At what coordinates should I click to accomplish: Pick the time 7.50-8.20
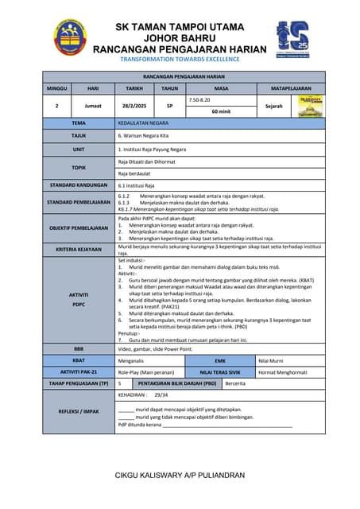(x=201, y=100)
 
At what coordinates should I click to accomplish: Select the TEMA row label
(x=79, y=123)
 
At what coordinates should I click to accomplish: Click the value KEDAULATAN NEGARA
(x=142, y=123)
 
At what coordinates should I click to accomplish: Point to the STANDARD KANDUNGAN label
(x=79, y=185)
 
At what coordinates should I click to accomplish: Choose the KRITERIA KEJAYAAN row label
(x=79, y=249)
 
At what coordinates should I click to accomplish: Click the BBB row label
(x=79, y=348)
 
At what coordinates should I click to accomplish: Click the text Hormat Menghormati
(x=282, y=371)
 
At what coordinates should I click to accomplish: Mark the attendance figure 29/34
(x=161, y=394)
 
